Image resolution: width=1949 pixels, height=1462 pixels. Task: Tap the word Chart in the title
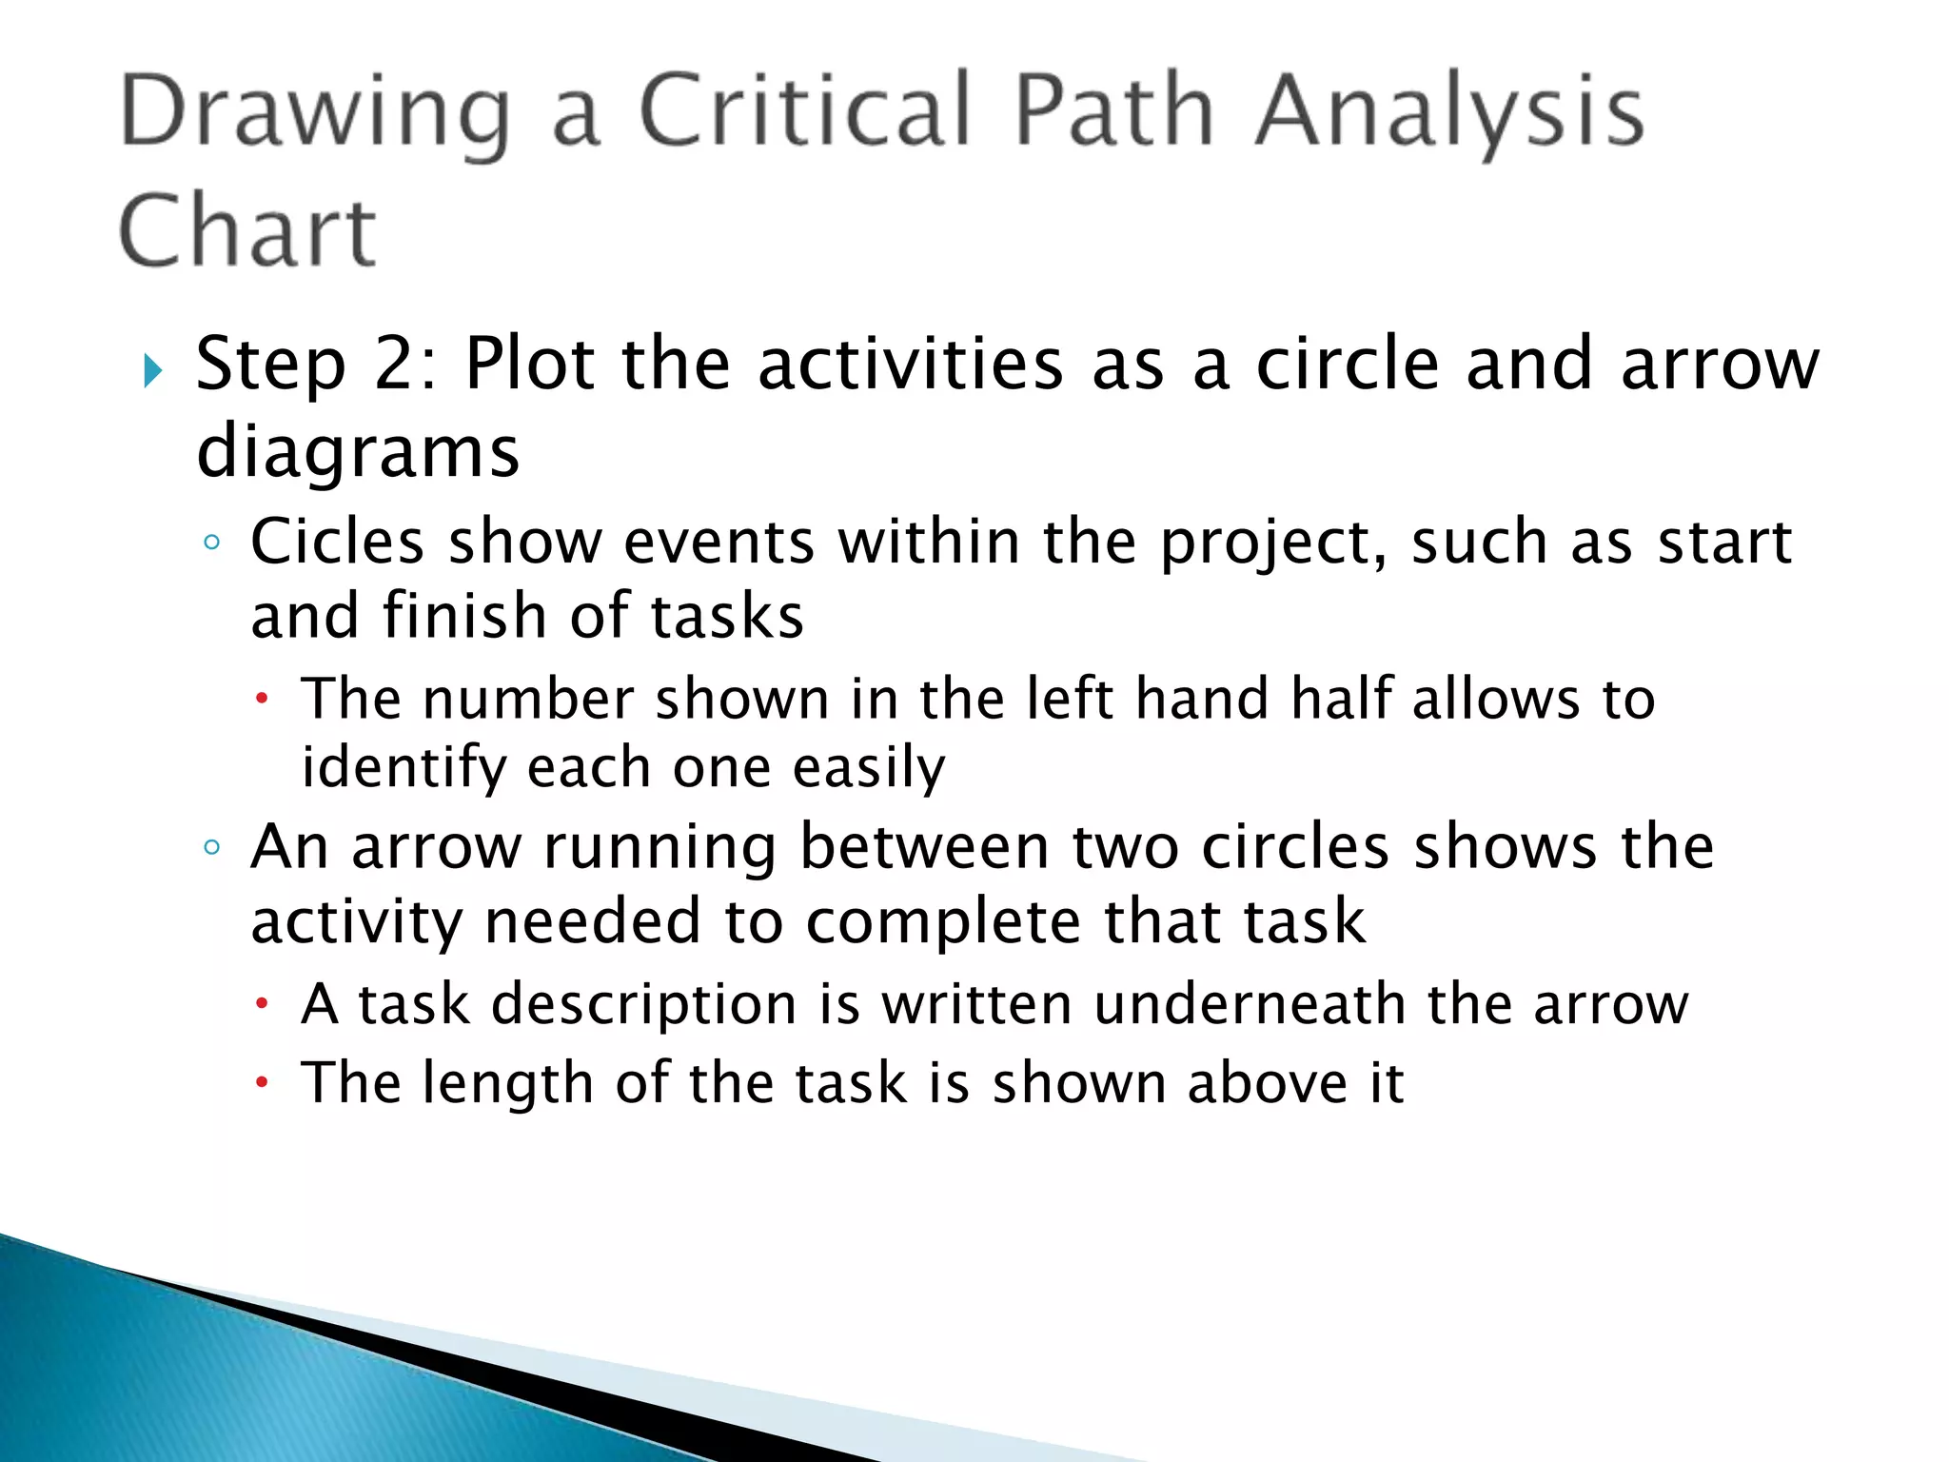tap(247, 231)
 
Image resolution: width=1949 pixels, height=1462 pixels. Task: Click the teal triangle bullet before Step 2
tap(152, 370)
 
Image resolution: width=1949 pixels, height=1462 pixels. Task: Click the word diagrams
tap(358, 451)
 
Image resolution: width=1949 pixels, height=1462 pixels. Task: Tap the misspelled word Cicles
tap(337, 543)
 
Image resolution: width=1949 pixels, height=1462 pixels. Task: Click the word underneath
tap(1250, 1005)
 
